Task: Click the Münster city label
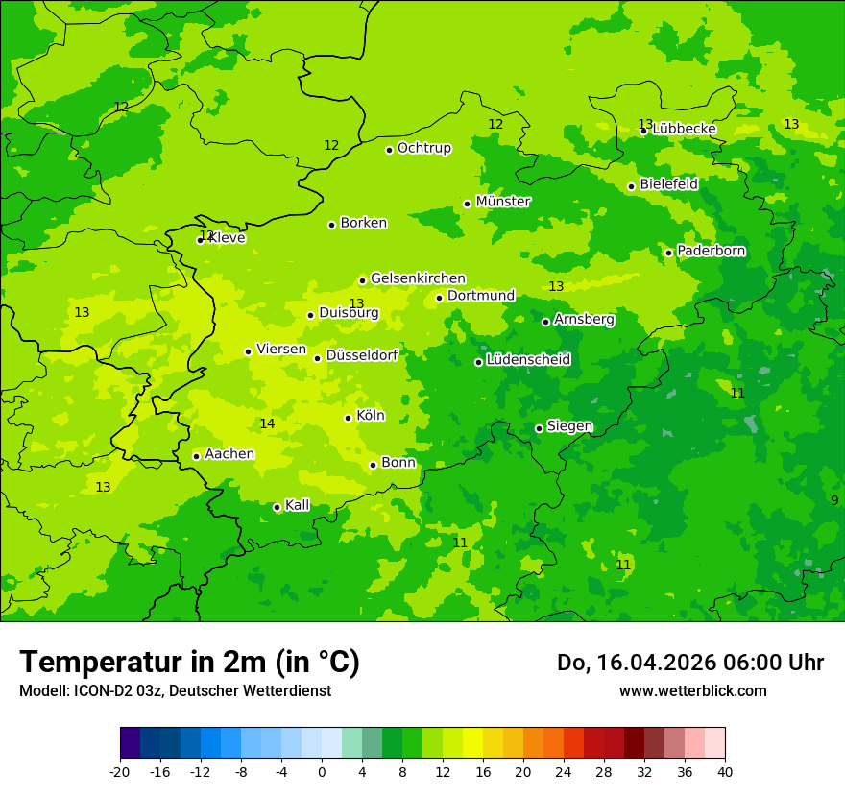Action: (x=502, y=202)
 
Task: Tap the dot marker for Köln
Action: (x=348, y=418)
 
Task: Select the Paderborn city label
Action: (x=711, y=251)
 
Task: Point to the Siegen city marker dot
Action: (x=539, y=428)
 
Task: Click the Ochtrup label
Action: (x=423, y=148)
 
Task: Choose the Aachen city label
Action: (x=229, y=454)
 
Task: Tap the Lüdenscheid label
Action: (x=528, y=360)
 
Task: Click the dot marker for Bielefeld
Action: (x=631, y=186)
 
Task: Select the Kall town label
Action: (x=297, y=505)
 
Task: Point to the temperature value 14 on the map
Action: (x=267, y=423)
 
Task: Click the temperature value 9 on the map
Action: (x=833, y=500)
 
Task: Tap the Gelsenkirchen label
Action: (x=418, y=278)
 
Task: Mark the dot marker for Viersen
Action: (x=248, y=351)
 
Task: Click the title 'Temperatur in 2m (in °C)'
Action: (x=189, y=662)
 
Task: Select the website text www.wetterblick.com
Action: (x=692, y=690)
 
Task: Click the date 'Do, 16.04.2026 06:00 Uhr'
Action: (x=689, y=663)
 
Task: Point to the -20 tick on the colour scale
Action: (x=120, y=771)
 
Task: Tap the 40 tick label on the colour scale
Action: (x=725, y=771)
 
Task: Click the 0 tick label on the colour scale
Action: (x=322, y=771)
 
